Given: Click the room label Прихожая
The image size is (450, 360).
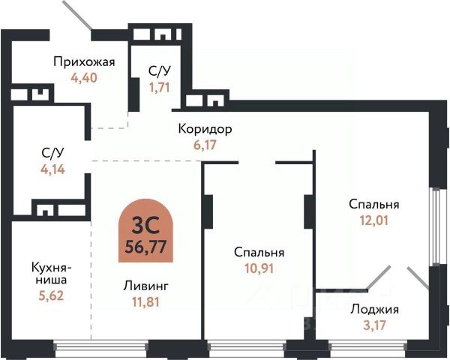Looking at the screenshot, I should tap(84, 61).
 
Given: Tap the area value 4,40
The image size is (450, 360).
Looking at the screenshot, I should tap(84, 76).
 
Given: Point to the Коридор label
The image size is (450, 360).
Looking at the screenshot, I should tap(205, 129).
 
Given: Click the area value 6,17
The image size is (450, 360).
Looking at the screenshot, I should tap(205, 144).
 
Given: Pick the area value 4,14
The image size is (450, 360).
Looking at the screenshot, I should tap(52, 168).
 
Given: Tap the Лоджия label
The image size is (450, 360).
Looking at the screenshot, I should tap(373, 309).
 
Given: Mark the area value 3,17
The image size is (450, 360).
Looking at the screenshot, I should tap(373, 325).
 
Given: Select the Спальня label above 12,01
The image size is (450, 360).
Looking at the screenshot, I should tap(373, 204).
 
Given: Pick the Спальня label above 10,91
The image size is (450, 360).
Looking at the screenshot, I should tap(258, 252).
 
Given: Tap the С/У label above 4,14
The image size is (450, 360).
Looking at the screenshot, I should tap(52, 153).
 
